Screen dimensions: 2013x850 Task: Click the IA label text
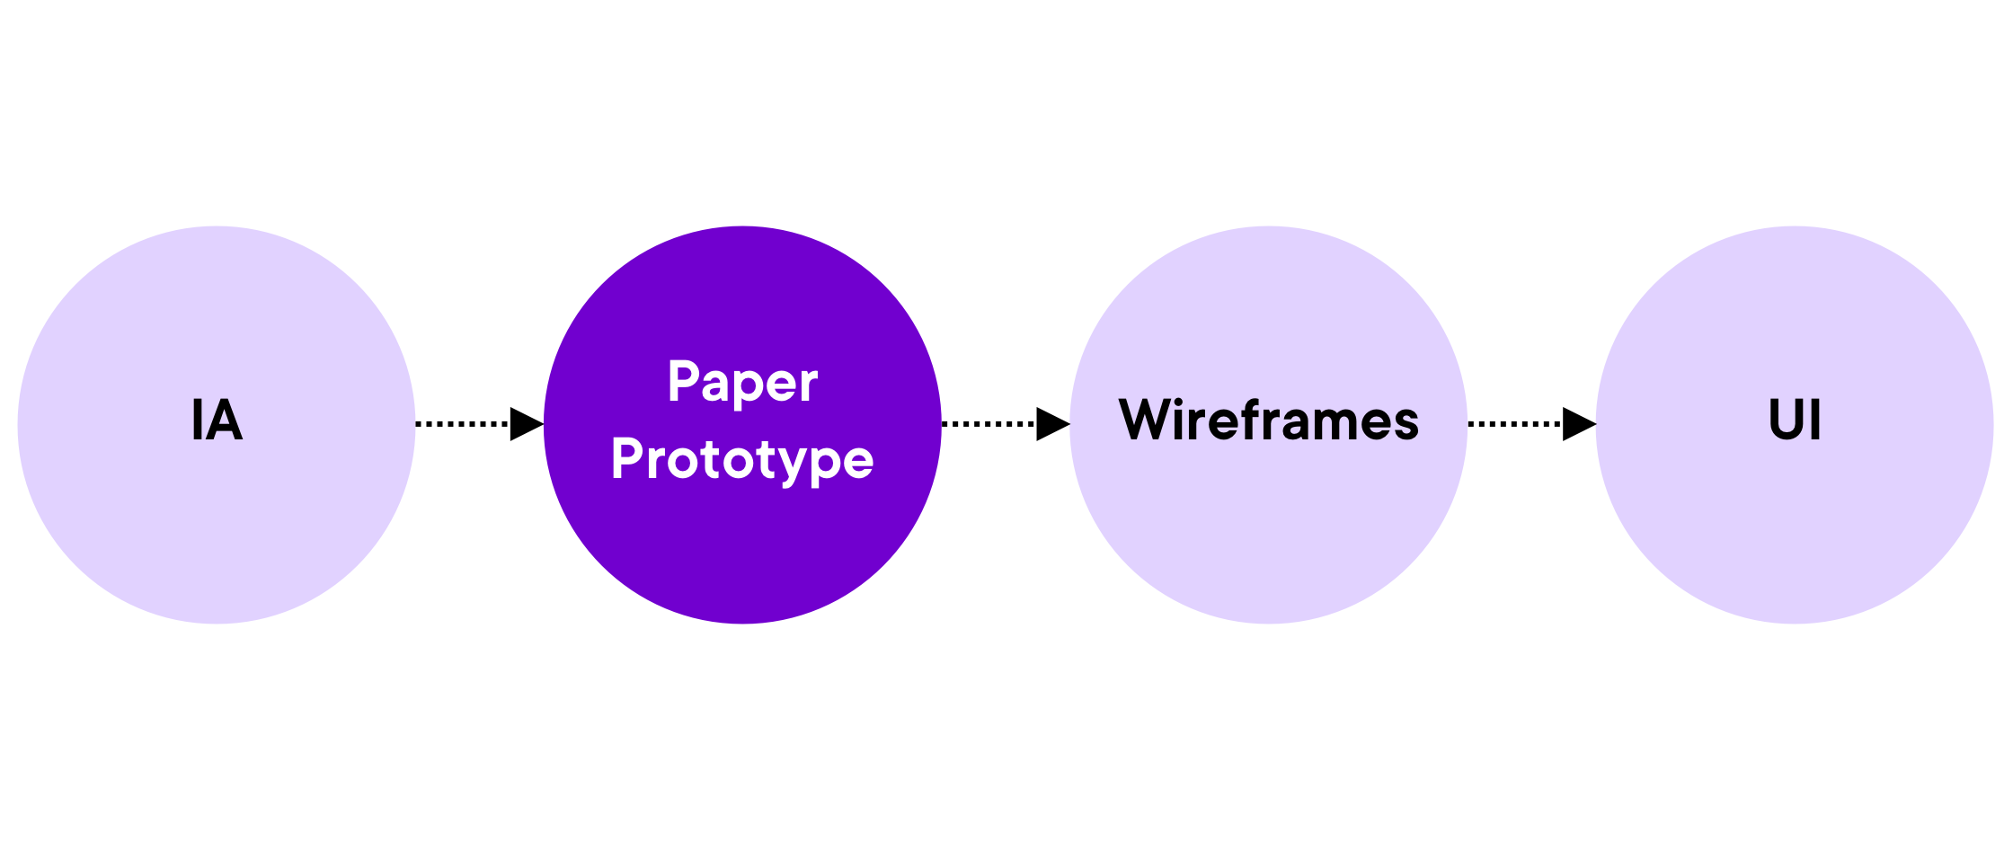tap(217, 420)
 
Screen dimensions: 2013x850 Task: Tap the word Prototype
tap(742, 461)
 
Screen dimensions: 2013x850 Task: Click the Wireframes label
tap(1268, 420)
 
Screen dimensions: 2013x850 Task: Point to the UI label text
tap(1795, 420)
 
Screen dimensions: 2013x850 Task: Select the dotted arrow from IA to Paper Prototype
tap(480, 423)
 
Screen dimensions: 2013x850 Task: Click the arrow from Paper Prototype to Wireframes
tap(1006, 423)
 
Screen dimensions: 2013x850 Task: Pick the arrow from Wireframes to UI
tap(1532, 423)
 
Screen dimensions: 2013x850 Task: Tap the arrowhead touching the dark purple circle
tap(527, 423)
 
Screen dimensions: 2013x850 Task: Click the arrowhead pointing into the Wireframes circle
tap(1053, 423)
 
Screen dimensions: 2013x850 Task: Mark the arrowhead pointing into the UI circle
tap(1580, 423)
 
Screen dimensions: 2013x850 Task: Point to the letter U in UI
tap(1787, 421)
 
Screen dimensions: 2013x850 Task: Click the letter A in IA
tap(225, 420)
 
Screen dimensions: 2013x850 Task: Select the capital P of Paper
tap(685, 380)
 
